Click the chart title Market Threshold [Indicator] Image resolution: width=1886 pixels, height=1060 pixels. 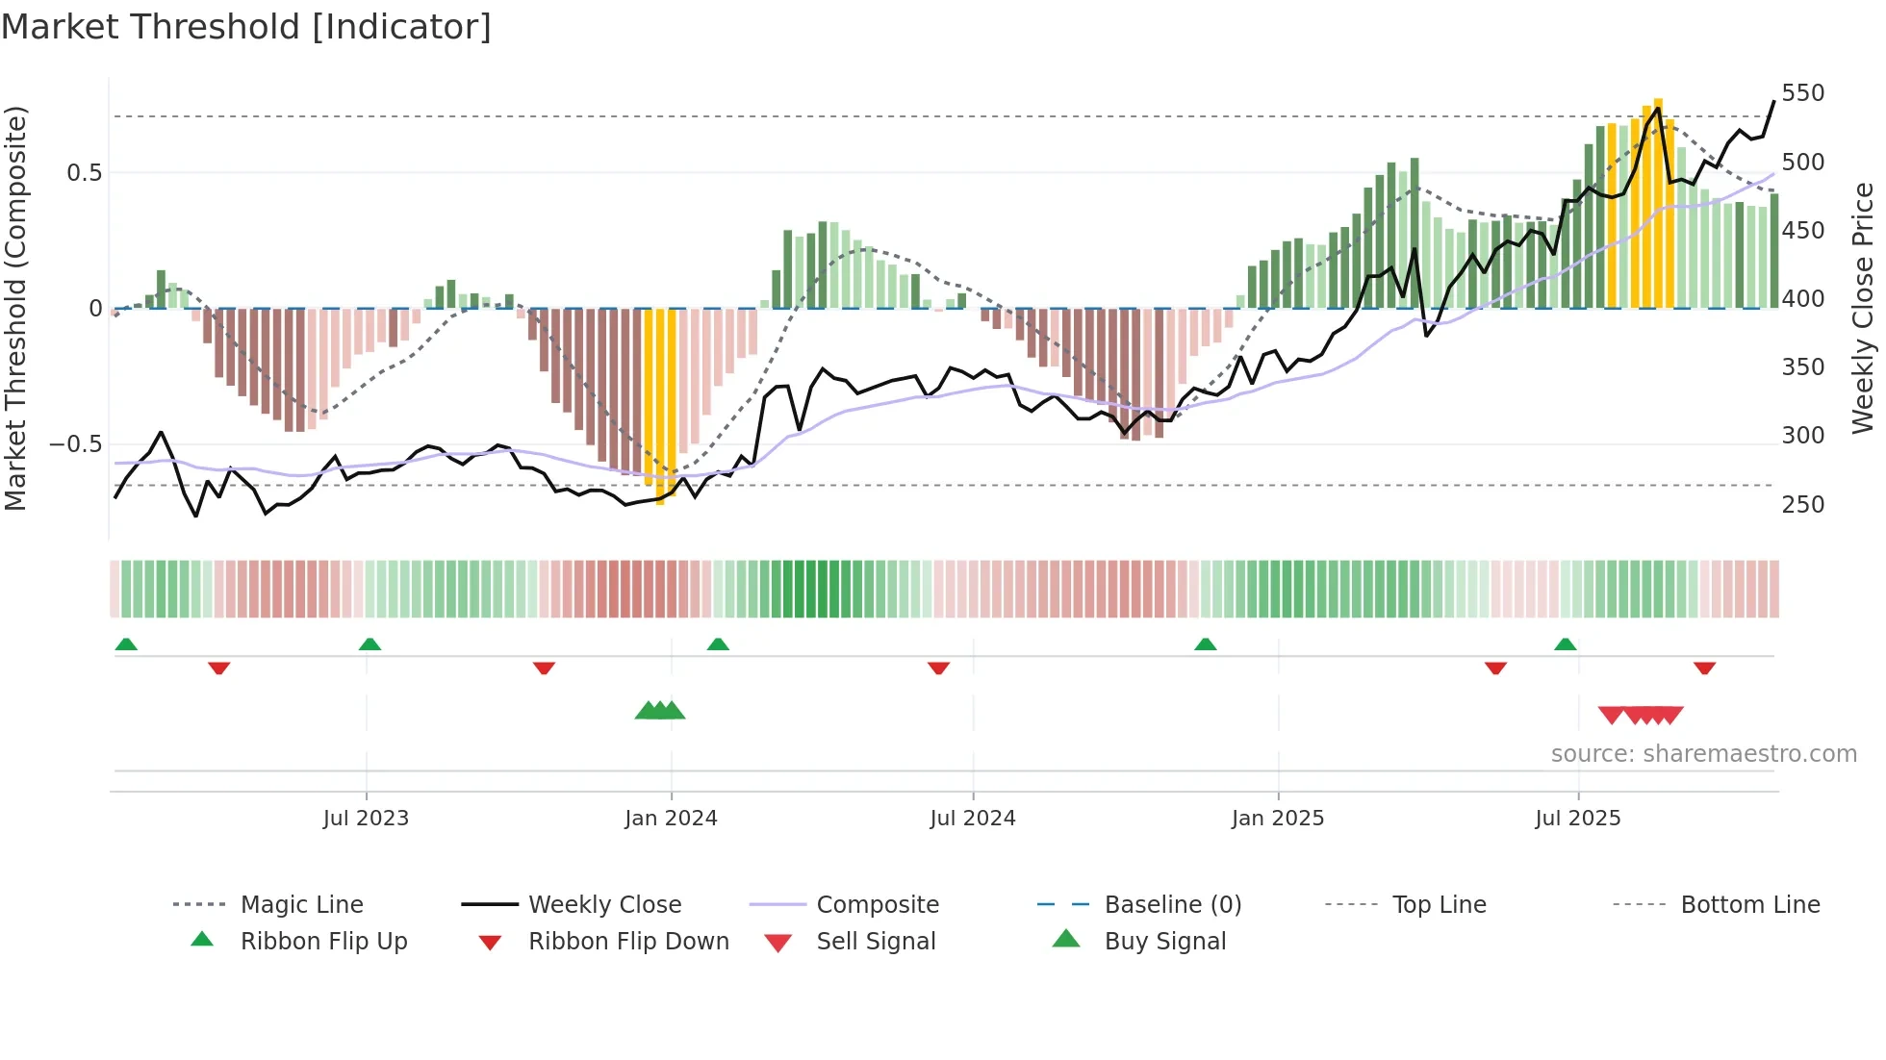tap(246, 27)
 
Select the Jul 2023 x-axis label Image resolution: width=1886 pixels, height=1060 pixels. tap(366, 819)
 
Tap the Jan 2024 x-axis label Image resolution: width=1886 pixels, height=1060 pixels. tap(671, 819)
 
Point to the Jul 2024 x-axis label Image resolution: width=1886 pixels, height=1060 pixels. tap(973, 819)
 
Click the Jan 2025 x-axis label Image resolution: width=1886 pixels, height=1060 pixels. tap(1278, 819)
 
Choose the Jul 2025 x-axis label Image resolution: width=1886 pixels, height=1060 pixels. tap(1578, 819)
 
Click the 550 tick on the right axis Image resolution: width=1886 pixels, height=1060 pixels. tap(1802, 93)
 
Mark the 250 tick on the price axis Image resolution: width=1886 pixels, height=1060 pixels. tap(1802, 505)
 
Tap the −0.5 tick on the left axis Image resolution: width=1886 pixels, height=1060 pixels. tap(75, 444)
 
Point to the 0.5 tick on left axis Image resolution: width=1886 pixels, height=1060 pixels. tap(84, 173)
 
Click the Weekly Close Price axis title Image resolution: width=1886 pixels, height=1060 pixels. tap(1864, 308)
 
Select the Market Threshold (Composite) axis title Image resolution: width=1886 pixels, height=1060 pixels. tap(15, 308)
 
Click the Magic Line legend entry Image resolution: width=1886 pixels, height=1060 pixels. tap(301, 905)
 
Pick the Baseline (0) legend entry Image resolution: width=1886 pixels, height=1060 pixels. tap(1172, 905)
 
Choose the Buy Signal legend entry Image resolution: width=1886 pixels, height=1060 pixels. tap(1164, 942)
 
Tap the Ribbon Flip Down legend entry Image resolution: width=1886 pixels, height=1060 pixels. tap(627, 942)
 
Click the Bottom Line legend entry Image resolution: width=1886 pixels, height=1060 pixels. tap(1749, 905)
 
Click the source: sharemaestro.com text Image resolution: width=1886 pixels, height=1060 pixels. tap(1703, 754)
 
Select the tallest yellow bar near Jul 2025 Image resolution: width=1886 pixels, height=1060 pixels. tap(1658, 202)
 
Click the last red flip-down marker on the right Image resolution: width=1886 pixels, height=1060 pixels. tap(1704, 669)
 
